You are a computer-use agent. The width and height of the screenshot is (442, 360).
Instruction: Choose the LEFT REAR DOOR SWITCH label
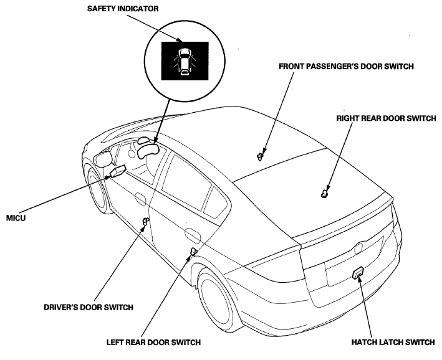[161, 341]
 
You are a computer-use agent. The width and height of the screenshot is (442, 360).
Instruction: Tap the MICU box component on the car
[118, 170]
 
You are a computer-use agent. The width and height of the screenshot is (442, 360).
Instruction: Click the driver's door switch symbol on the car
[146, 222]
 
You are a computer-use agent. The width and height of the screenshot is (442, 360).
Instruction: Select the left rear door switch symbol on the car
[194, 252]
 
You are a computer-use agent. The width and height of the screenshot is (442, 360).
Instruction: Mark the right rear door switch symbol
[324, 193]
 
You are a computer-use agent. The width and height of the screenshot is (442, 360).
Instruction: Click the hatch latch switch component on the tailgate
[358, 273]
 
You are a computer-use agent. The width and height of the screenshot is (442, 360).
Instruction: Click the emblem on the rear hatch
[359, 245]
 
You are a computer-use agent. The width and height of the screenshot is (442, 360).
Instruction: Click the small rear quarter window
[215, 201]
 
